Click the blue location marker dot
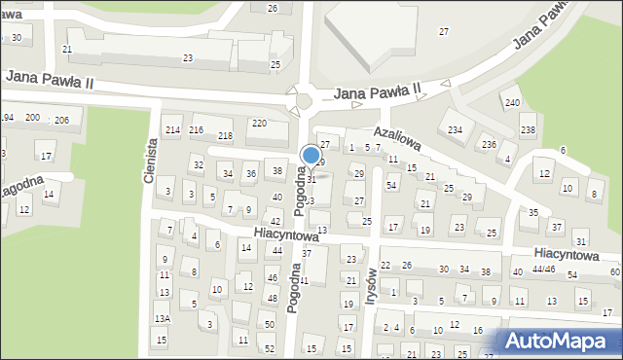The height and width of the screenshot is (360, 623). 311,155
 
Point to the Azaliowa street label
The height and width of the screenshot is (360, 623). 398,141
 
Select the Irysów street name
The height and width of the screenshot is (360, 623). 371,285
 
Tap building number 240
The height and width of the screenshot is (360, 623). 511,102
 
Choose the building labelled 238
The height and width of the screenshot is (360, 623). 528,130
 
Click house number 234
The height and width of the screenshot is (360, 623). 455,130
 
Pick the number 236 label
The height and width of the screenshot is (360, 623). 488,144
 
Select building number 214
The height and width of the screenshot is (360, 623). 172,130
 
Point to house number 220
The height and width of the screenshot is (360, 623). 259,124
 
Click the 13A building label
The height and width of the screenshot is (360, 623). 162,318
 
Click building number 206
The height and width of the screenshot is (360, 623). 61,120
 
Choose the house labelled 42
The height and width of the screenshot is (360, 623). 275,222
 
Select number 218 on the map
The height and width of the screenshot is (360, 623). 225,135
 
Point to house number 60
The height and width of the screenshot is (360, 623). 614,271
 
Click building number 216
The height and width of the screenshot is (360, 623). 196,130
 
